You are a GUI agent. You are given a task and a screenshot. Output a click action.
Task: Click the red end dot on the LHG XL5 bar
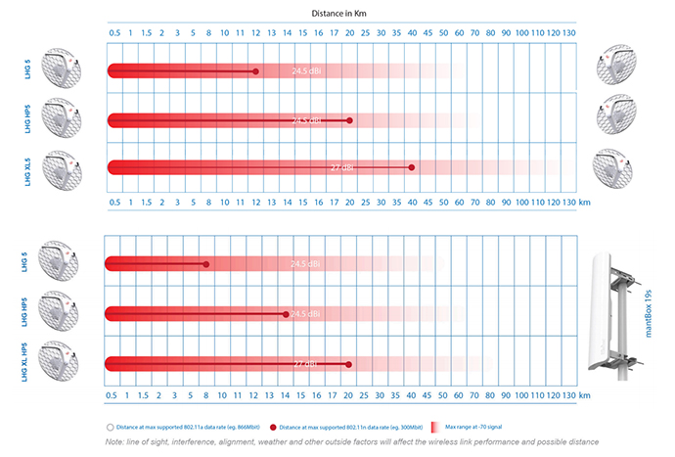pos(411,167)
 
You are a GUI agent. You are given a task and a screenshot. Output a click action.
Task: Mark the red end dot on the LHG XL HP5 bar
pos(348,364)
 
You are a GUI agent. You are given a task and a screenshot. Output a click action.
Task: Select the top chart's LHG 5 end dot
pos(255,71)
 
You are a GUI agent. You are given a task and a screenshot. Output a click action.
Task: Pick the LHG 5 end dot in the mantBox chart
pos(206,264)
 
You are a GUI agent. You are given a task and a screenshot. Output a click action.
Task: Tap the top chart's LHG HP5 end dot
pos(348,119)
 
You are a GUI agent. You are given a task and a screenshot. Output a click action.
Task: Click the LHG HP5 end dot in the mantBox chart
pos(286,314)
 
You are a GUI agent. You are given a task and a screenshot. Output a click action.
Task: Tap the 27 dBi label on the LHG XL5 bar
pos(341,168)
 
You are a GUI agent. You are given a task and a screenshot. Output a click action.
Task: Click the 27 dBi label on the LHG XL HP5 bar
pos(305,364)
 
